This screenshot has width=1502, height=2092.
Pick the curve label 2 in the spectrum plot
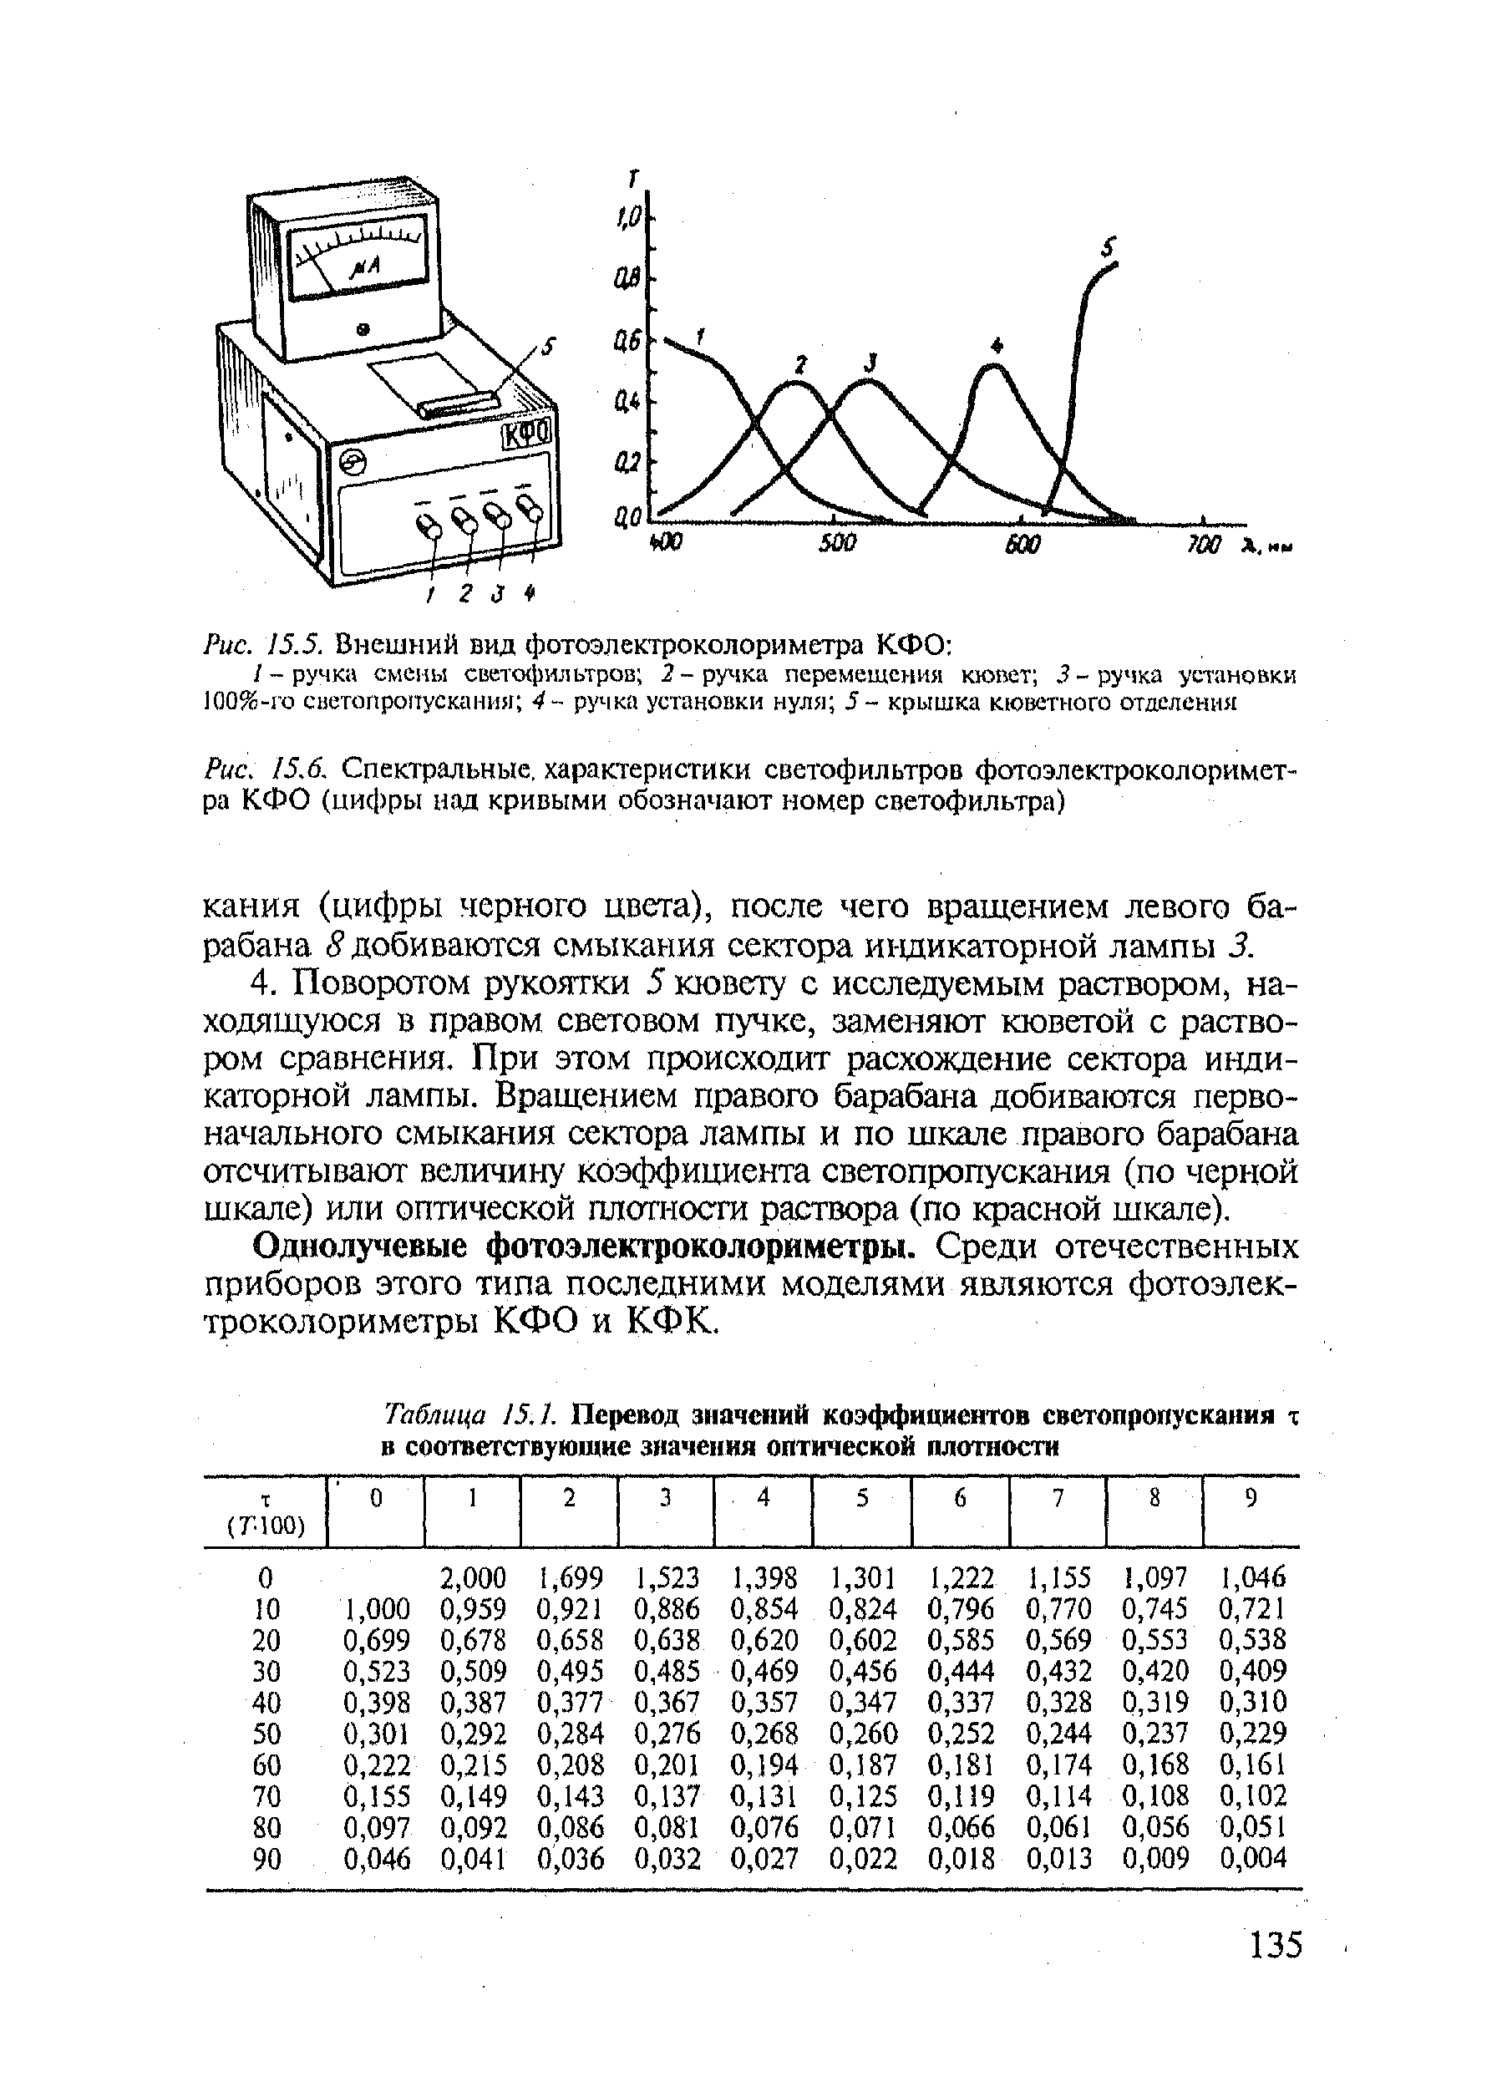[800, 365]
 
